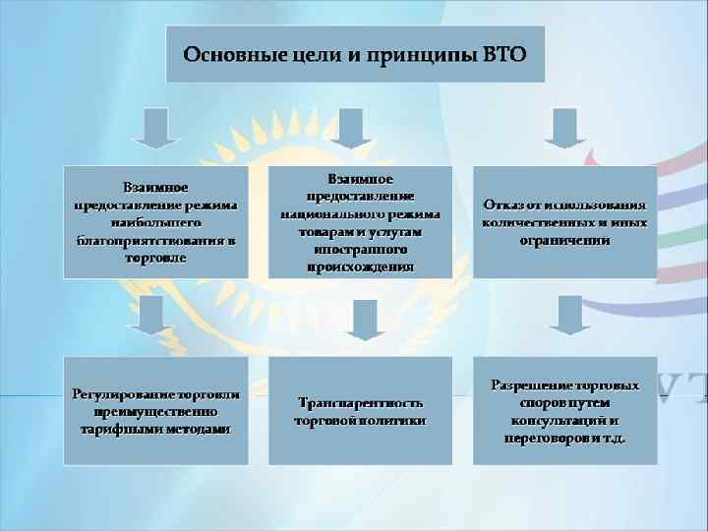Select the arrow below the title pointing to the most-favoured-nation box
[x=155, y=128]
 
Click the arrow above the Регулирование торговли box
[x=155, y=318]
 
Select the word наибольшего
[x=155, y=222]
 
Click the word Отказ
[x=501, y=206]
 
